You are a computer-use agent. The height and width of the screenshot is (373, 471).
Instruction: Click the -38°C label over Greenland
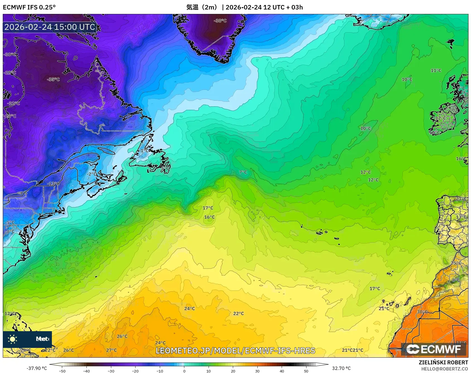click(220, 21)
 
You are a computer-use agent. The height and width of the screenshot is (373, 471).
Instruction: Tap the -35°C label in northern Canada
click(54, 79)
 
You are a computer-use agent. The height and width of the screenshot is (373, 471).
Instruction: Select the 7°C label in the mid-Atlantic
click(243, 172)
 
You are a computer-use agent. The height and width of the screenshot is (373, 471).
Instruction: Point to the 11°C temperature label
click(436, 71)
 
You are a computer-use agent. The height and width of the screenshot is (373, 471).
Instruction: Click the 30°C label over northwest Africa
click(422, 312)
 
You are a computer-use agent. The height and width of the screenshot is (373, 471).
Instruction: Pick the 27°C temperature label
click(111, 350)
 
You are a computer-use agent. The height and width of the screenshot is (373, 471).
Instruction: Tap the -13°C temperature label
click(54, 184)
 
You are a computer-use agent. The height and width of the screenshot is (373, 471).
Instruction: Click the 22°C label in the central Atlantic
click(238, 314)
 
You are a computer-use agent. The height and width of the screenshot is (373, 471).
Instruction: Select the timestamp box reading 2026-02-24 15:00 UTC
click(50, 27)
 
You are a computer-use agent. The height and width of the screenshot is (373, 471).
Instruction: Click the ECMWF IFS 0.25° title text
click(29, 7)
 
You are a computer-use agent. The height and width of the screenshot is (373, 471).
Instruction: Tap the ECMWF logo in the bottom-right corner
click(434, 349)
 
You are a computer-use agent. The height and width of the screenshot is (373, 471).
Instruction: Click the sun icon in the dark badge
click(13, 339)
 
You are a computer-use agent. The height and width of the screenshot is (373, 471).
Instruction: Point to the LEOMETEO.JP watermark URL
click(235, 351)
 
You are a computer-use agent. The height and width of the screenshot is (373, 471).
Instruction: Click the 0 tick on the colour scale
click(184, 371)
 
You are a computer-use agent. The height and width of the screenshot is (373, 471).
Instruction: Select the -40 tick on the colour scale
click(86, 371)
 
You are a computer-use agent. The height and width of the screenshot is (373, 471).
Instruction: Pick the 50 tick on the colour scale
click(306, 371)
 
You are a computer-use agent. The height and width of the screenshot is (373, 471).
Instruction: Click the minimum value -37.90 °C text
click(37, 368)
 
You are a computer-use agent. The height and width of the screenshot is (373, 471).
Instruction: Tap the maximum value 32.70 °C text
click(341, 368)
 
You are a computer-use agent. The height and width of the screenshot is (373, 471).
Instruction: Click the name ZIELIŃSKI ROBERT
click(443, 362)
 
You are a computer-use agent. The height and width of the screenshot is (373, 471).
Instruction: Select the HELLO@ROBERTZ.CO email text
click(445, 369)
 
